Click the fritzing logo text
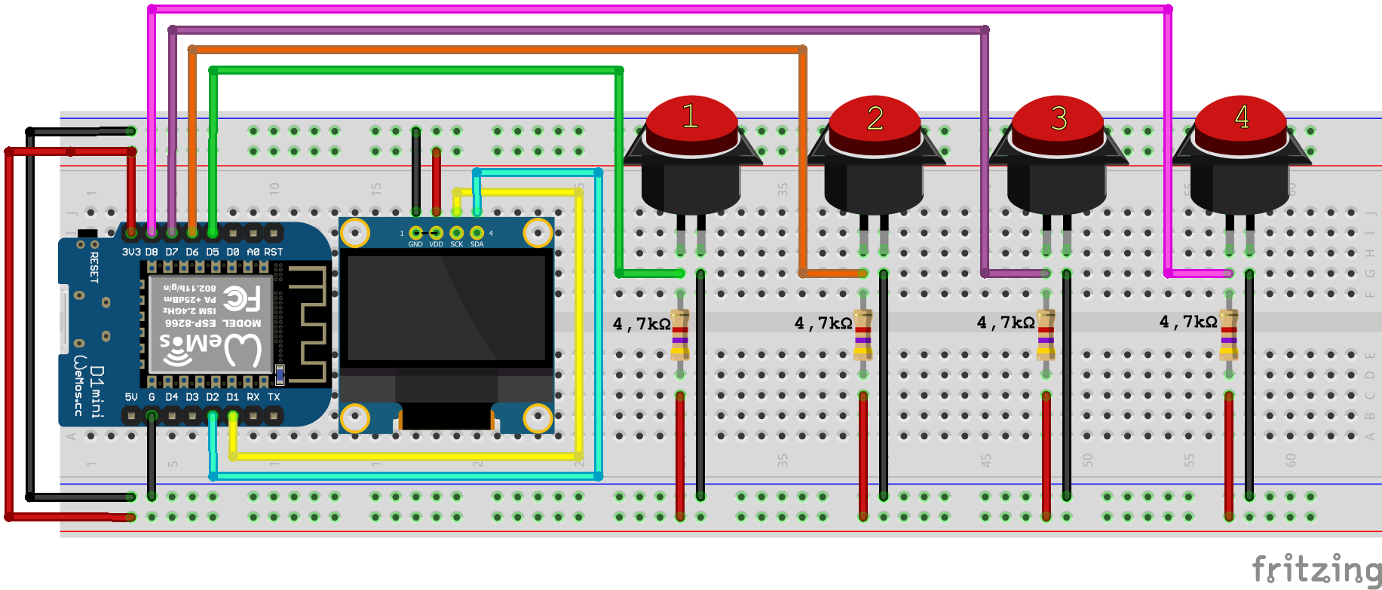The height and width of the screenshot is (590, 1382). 1316,569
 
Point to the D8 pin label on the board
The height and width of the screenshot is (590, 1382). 152,252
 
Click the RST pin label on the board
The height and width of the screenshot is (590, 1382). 274,252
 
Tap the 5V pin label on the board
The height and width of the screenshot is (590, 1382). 131,397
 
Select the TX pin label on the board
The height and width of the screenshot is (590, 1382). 274,397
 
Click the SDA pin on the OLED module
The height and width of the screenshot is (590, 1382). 476,233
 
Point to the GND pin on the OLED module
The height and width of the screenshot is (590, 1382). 415,233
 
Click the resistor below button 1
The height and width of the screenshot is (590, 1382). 680,334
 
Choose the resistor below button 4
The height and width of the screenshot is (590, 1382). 1229,334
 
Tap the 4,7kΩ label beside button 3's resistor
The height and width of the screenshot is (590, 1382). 1005,323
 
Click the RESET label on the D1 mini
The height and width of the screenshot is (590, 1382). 94,267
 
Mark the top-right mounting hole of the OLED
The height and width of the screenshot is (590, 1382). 538,233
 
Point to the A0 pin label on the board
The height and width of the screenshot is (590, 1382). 253,252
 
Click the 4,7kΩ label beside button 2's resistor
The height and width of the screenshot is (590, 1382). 823,324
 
